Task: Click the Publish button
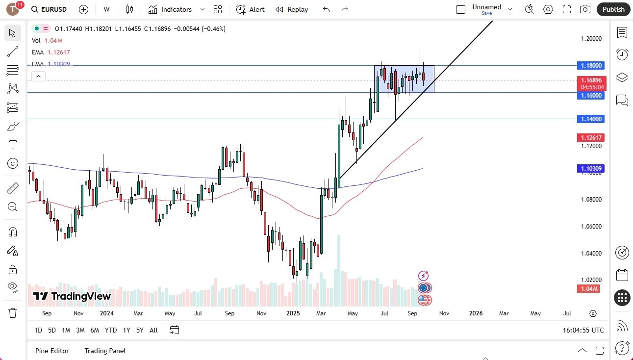tap(613, 9)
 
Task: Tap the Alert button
tap(250, 9)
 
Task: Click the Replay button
tap(292, 9)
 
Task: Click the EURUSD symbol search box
tap(49, 9)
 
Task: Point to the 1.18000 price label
tap(591, 65)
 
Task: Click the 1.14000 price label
tap(591, 119)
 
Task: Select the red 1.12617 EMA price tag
tap(591, 137)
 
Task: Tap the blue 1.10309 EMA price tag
tap(591, 168)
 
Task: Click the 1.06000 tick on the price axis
tap(591, 227)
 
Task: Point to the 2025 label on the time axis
tap(293, 313)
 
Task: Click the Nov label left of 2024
tap(78, 313)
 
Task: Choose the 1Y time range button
tap(127, 330)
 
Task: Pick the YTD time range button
tap(111, 330)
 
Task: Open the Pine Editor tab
tap(52, 351)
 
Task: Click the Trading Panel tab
tap(105, 351)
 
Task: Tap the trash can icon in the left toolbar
tap(13, 313)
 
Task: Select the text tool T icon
tap(13, 145)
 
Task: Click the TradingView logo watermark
tap(72, 296)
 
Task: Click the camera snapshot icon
tap(585, 9)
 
